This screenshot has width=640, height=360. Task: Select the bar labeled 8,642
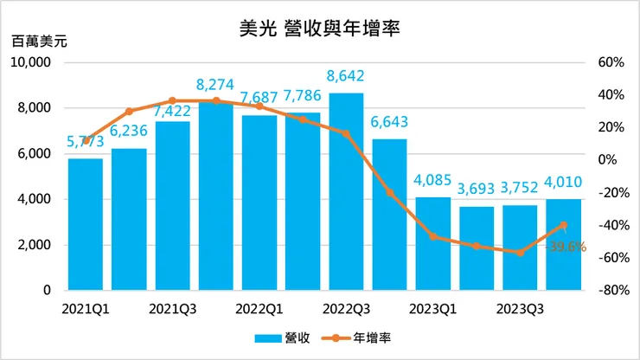[x=346, y=190]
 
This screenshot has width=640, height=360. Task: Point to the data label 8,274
[x=215, y=85]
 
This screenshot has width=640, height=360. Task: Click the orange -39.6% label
[x=566, y=247]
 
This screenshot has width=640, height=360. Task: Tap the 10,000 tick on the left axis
[x=33, y=63]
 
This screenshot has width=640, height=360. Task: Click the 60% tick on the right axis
[x=611, y=63]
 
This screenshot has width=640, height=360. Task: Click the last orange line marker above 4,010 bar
[x=563, y=225]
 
